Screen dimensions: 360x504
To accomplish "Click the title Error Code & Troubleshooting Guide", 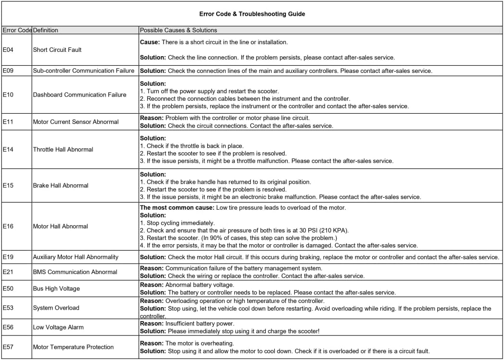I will pos(252,14).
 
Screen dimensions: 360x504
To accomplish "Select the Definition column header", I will pos(46,30).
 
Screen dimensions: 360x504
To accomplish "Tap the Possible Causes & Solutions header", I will pos(178,30).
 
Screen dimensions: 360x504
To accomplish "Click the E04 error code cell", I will pos(8,49).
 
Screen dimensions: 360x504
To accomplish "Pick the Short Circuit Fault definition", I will pos(57,49).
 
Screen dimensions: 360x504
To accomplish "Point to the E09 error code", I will pos(8,71).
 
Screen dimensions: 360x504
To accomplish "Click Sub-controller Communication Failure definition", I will pos(83,71).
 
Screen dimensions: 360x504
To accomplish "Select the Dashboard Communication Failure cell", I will pos(80,95).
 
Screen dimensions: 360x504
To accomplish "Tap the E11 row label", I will pos(8,121).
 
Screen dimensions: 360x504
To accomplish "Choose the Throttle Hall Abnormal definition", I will pos(63,149).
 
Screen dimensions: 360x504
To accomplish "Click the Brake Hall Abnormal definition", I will pos(60,185).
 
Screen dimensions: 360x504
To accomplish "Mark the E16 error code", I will pos(8,226).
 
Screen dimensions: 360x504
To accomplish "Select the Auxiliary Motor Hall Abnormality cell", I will pos(75,257).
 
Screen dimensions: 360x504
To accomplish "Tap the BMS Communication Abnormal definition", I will pos(75,272).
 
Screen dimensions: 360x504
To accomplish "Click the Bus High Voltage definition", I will pos(56,288).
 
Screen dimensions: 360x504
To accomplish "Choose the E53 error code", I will pos(8,308).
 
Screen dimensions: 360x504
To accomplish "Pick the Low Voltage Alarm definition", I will pos(58,327).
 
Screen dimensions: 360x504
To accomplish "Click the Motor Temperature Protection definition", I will pos(73,347).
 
